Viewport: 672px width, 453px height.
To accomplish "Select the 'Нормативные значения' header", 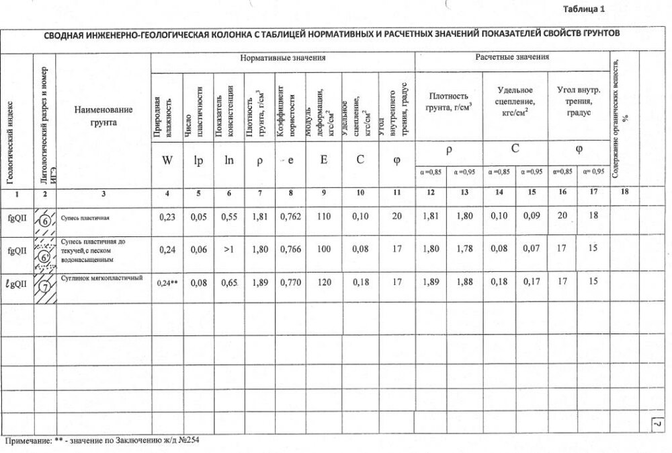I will (x=283, y=59).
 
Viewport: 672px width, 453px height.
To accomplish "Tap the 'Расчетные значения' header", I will (x=512, y=57).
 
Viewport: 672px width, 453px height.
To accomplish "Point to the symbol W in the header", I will (x=167, y=161).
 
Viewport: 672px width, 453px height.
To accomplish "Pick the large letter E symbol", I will (x=324, y=161).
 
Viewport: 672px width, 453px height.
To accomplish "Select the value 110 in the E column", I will (x=325, y=217).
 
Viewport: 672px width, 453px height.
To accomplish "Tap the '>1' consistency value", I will (x=229, y=250).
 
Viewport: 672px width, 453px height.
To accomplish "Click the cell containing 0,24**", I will (x=167, y=283).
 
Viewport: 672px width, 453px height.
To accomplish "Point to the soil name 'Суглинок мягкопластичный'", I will (x=102, y=277).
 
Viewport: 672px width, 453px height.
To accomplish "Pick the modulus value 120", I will (x=325, y=283).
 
